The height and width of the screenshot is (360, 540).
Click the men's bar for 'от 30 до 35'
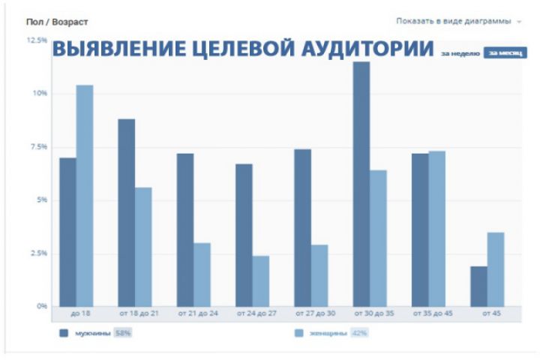coord(361,184)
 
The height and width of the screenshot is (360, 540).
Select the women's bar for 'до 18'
coord(85,196)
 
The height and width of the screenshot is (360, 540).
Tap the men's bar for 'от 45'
coord(478,286)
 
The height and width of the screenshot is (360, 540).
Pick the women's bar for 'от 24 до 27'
coord(260,281)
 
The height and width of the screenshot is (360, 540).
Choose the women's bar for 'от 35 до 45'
coord(436,229)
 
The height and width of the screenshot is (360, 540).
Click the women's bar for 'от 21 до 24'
coord(202,274)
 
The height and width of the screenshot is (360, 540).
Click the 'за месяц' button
coord(505,52)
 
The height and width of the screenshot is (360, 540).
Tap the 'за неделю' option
coord(460,53)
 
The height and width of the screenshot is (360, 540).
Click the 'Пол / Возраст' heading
coord(57,22)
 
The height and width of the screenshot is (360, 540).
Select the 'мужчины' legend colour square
coord(64,332)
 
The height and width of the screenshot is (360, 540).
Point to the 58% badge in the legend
coord(123,332)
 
